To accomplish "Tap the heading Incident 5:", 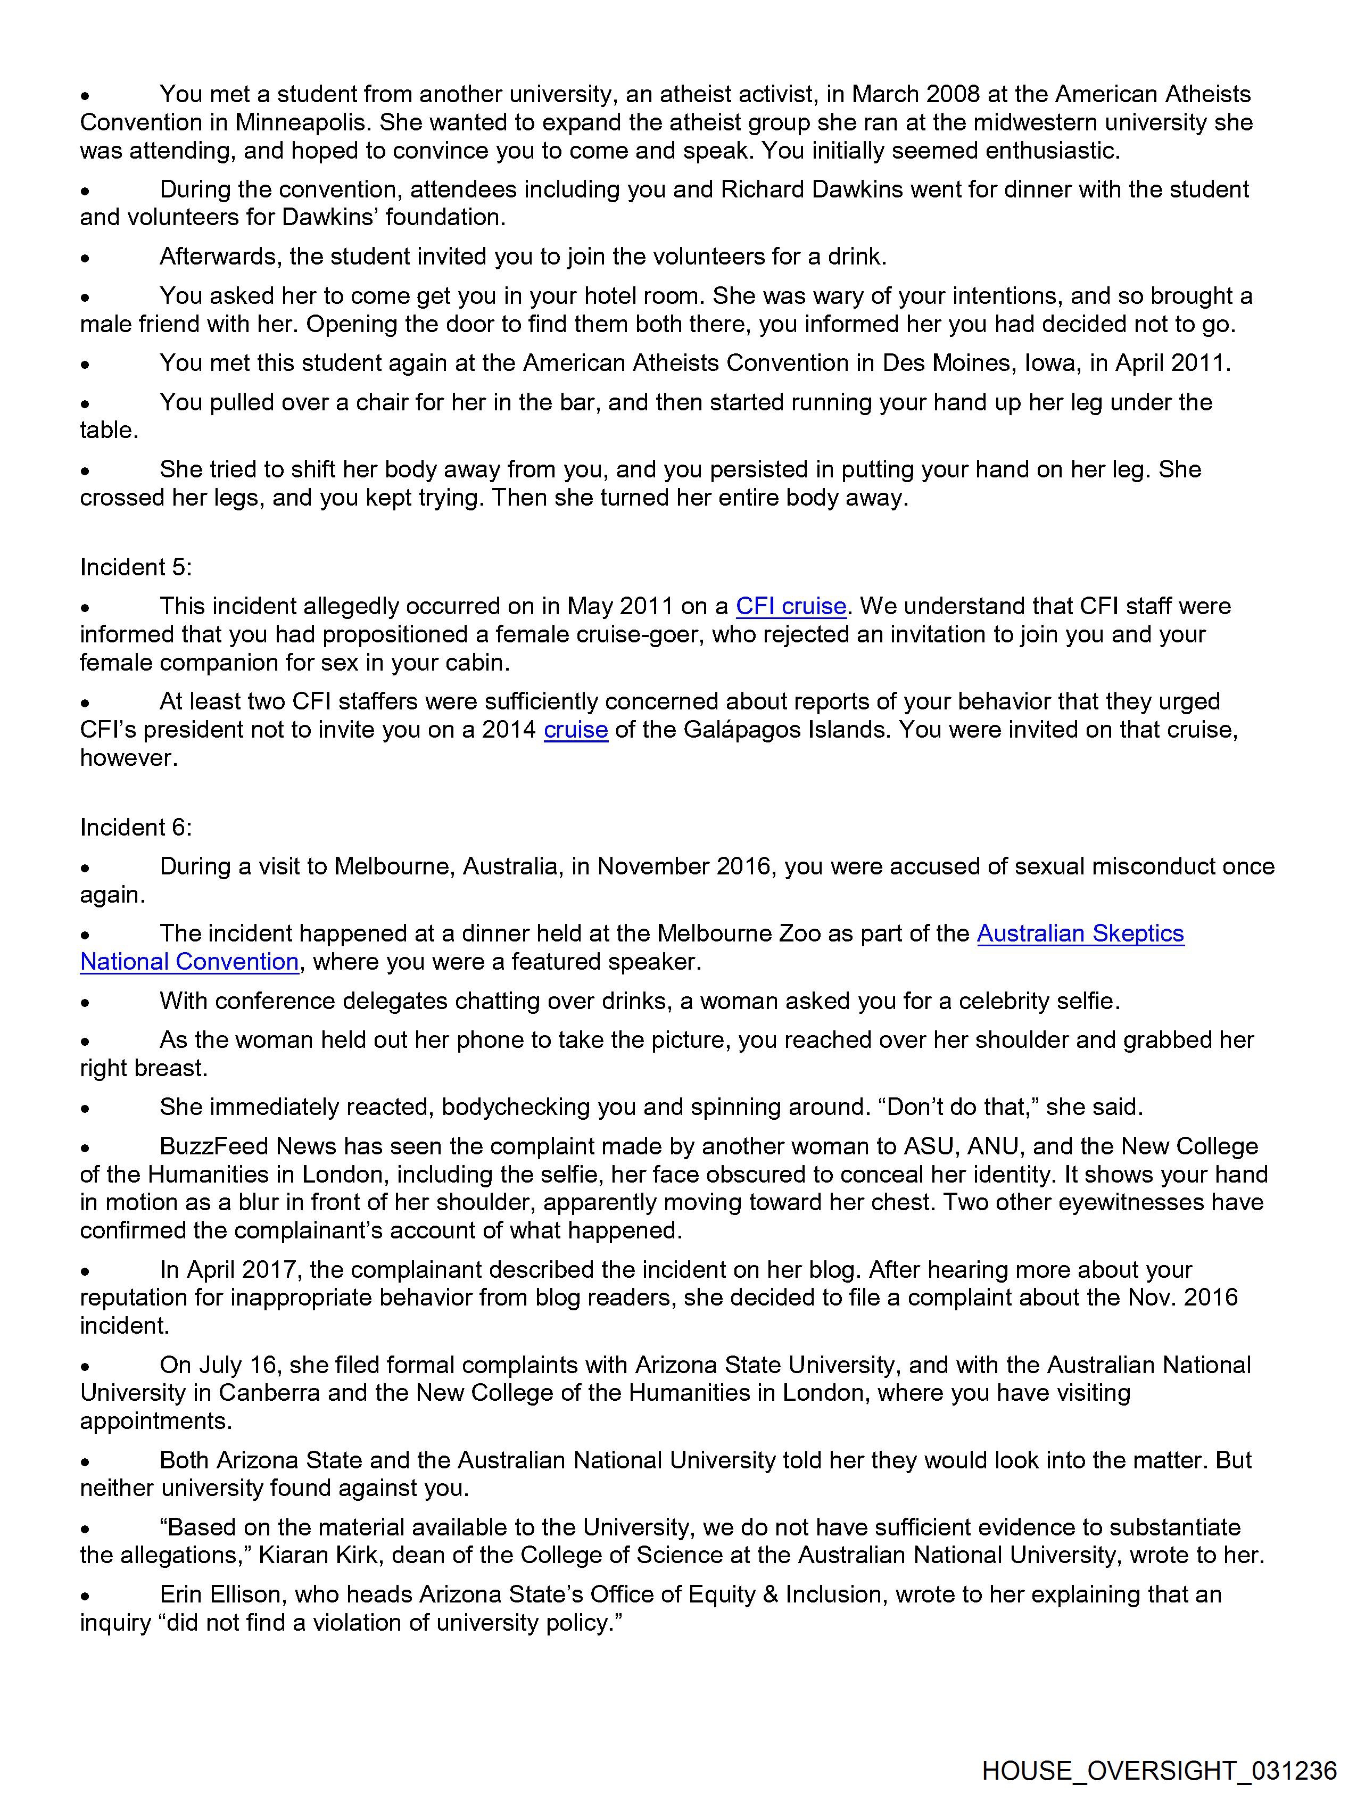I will tap(135, 567).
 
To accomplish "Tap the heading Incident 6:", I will tap(135, 828).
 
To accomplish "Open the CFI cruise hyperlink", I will tap(790, 606).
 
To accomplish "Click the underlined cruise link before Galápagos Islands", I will tap(576, 730).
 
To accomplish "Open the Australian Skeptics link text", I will tap(1080, 934).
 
